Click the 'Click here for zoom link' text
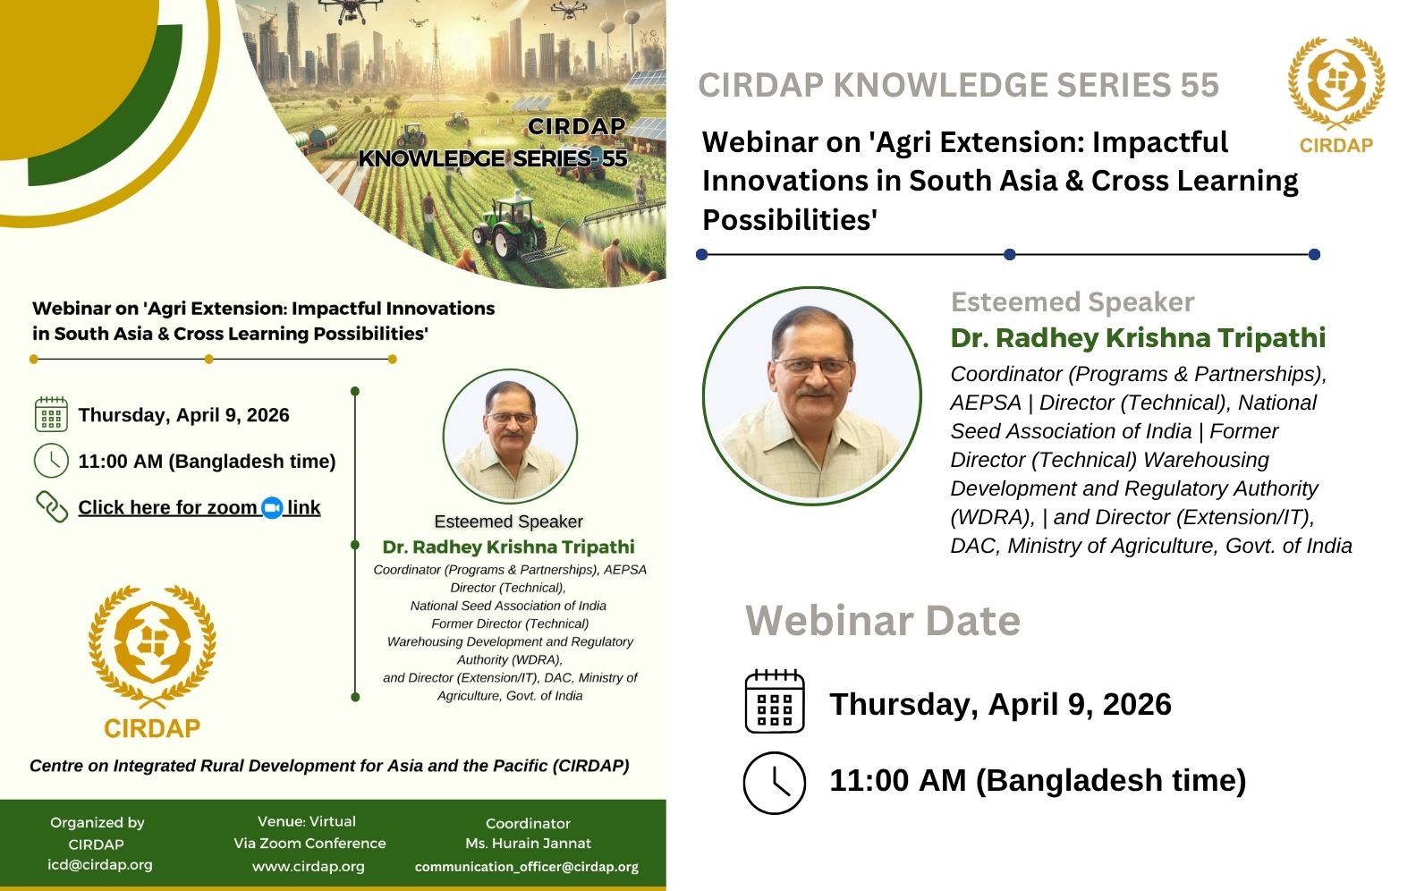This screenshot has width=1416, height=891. tap(199, 508)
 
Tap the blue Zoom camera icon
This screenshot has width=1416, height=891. tap(273, 508)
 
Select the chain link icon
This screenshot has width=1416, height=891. tap(51, 507)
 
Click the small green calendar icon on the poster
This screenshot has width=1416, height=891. tap(51, 415)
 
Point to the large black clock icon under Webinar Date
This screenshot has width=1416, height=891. tap(775, 783)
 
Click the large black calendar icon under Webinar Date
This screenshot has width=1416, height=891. tap(775, 700)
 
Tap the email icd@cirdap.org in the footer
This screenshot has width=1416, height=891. tap(100, 864)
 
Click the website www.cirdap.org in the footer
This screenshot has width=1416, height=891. tap(309, 866)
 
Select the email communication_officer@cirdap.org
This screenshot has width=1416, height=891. tap(527, 866)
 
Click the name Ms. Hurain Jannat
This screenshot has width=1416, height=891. tap(529, 844)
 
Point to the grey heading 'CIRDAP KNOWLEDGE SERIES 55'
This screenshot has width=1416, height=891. tap(958, 85)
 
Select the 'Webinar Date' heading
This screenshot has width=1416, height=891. tap(883, 620)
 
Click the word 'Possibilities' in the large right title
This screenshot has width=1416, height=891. tap(790, 220)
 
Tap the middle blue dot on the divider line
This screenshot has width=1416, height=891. tap(1010, 255)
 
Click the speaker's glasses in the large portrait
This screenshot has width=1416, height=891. tap(813, 366)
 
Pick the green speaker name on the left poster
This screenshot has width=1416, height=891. tap(508, 547)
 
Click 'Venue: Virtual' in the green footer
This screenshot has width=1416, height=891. tap(307, 821)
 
